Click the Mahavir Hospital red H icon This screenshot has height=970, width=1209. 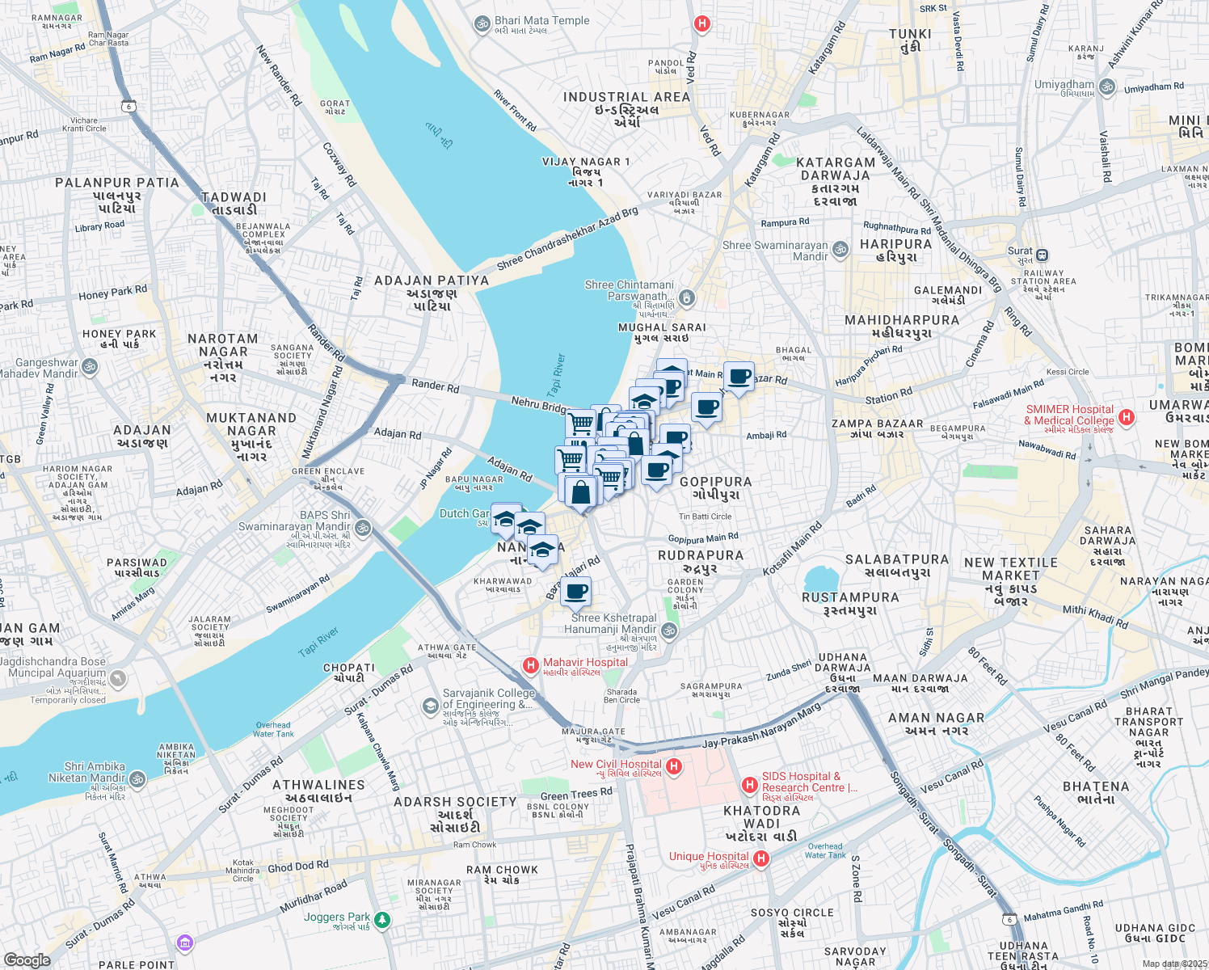530,665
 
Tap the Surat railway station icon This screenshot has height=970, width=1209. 1043,255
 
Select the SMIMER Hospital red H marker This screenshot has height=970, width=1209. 1127,417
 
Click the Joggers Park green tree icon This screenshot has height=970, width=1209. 382,920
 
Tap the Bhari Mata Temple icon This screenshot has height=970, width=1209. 482,24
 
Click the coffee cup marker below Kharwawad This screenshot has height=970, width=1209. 575,592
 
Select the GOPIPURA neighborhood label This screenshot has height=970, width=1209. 715,482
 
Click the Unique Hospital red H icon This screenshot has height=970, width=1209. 760,858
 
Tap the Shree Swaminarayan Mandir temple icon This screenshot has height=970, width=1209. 840,249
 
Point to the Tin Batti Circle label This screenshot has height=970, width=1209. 705,517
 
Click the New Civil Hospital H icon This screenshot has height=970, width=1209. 674,765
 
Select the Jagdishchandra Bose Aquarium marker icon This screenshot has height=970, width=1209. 118,678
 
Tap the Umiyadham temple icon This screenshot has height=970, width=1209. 1107,86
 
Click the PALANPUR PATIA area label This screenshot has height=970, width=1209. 117,183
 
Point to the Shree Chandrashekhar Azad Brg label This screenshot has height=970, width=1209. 567,239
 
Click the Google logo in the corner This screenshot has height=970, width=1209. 27,959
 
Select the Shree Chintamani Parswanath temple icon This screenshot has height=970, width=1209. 686,297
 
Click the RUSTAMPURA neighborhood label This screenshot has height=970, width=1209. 850,597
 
